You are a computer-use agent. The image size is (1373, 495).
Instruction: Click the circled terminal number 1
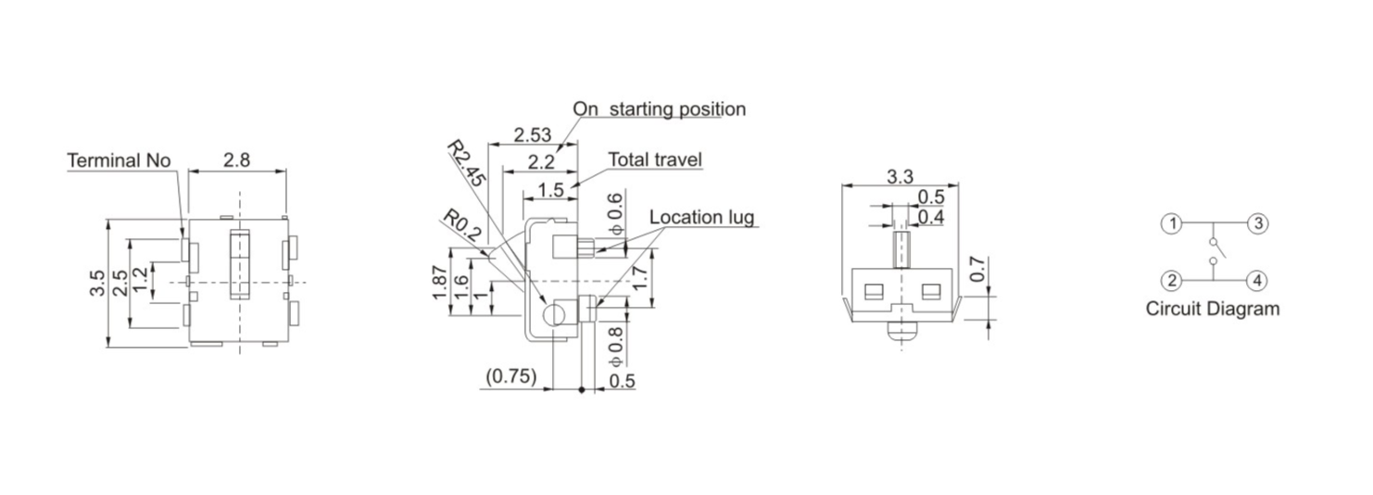pos(1173,223)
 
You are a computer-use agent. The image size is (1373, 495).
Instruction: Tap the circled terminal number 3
pos(1256,223)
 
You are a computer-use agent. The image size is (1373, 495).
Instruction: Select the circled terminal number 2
pos(1173,280)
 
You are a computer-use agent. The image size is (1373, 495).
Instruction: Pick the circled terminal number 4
pos(1256,280)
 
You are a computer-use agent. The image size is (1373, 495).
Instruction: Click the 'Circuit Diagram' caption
pos(1212,310)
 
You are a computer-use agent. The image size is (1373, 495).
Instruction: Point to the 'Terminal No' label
pos(119,160)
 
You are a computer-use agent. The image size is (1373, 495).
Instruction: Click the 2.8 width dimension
pos(236,159)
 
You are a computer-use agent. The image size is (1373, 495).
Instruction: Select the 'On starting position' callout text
pos(659,108)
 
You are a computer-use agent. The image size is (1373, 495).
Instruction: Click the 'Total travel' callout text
pos(655,159)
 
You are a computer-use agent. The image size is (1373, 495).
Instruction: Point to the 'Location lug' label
pos(701,218)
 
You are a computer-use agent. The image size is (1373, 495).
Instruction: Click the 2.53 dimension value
pos(533,134)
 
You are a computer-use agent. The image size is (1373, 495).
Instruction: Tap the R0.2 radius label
pos(462,227)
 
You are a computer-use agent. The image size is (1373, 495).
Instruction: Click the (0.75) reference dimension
pos(510,377)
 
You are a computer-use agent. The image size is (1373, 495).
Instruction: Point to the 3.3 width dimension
pos(900,176)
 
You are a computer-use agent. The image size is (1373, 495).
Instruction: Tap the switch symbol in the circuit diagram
pos(1215,251)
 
